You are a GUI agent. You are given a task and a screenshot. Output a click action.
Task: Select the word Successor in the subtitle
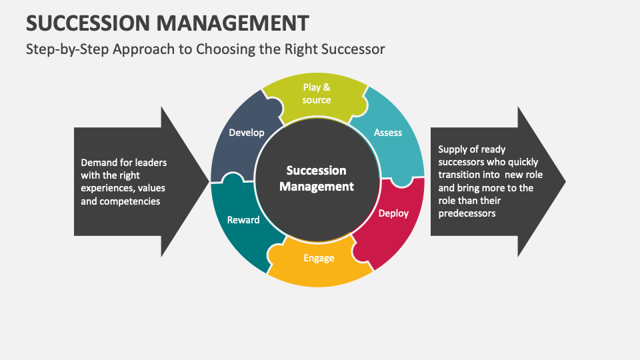(351, 49)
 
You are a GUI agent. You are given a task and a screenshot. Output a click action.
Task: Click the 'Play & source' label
(317, 93)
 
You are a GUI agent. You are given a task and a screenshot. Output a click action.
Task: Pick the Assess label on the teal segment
(388, 133)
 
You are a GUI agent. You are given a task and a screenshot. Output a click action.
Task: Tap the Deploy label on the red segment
(393, 213)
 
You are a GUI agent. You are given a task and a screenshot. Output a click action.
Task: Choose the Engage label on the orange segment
(319, 258)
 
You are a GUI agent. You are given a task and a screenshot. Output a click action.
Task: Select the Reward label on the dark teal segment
(243, 219)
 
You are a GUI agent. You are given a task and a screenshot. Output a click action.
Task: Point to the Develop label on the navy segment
(247, 133)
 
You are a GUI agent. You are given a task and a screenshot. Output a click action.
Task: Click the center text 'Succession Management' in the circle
(317, 179)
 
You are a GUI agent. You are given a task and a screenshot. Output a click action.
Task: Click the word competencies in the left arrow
(129, 201)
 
